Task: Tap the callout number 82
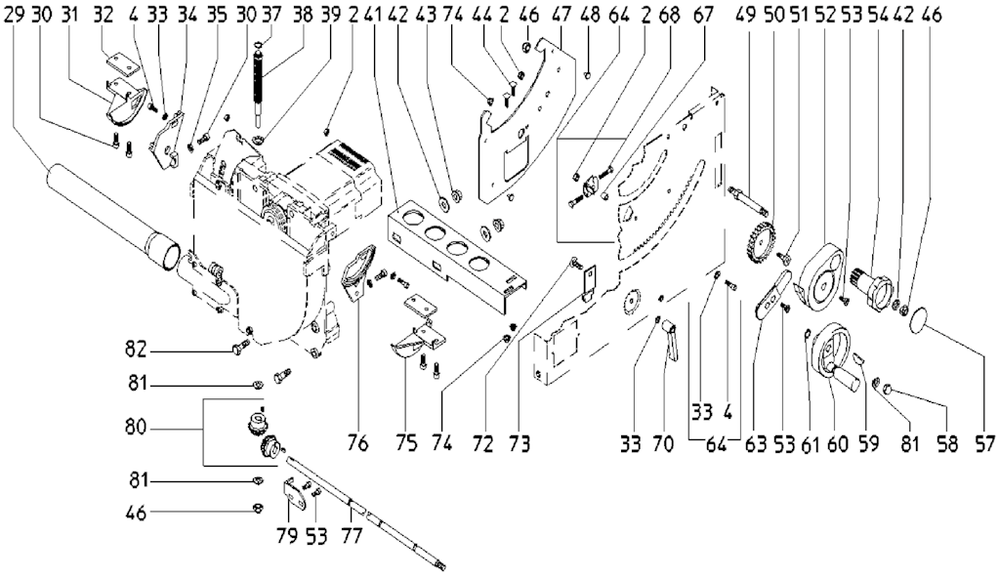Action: point(136,350)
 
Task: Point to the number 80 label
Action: point(137,428)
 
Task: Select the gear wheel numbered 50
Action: point(760,238)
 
